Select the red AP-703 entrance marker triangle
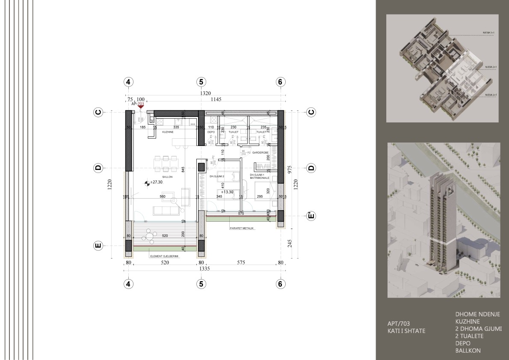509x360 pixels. (x=140, y=107)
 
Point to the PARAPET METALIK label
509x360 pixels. (x=242, y=228)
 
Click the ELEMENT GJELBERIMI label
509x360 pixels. (x=164, y=256)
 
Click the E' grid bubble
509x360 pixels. (x=311, y=216)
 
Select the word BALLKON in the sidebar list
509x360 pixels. (x=468, y=351)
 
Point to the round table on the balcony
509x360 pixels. (x=149, y=235)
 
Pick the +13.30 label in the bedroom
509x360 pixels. (x=227, y=192)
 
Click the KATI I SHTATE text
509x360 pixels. (x=406, y=331)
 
